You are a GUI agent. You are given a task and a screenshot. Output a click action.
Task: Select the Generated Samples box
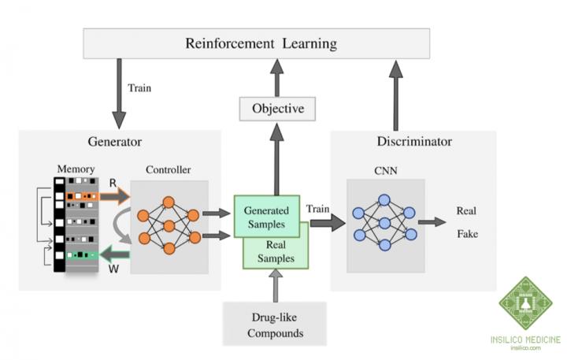point(266,216)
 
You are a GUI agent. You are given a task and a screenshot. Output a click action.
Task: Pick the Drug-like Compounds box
point(275,325)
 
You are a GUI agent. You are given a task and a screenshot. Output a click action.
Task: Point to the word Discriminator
point(413,143)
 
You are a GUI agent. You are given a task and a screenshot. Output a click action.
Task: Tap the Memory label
point(76,169)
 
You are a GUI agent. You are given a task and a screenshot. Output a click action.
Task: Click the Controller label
point(168,169)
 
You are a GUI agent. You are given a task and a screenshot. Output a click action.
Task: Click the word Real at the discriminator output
point(469,211)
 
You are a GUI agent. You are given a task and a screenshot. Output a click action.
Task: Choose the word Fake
point(469,234)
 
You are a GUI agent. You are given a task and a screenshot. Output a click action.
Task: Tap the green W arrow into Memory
point(114,254)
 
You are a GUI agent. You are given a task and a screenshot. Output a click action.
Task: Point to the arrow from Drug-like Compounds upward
point(275,285)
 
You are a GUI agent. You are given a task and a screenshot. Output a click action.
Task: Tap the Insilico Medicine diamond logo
point(524,303)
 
